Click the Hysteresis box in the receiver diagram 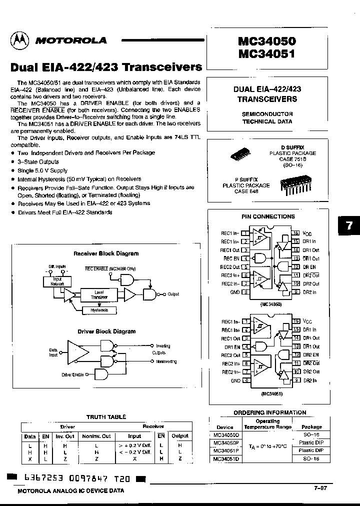[99, 310]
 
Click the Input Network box [57, 281]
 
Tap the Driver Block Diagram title [106, 331]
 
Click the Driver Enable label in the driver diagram [72, 374]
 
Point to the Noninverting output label [163, 361]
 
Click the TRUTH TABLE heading [106, 417]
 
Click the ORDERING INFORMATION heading [269, 412]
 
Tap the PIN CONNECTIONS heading [268, 216]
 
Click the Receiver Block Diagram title [106, 253]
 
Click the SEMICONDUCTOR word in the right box [267, 114]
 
